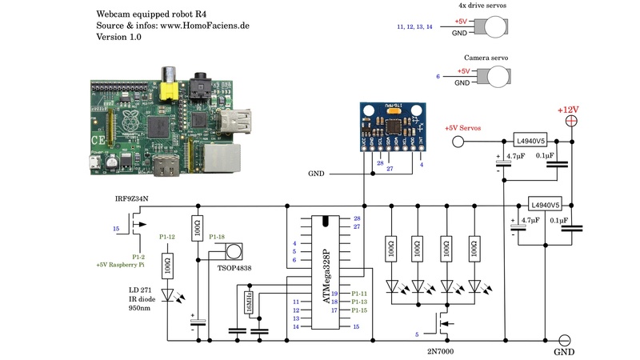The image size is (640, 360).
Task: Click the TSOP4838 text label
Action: point(234,268)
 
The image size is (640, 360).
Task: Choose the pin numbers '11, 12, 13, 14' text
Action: point(414,27)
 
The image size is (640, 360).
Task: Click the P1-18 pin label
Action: point(217,238)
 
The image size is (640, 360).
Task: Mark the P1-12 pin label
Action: point(167,238)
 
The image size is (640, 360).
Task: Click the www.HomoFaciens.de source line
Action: point(173,26)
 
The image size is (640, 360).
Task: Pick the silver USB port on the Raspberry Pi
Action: point(238,122)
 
